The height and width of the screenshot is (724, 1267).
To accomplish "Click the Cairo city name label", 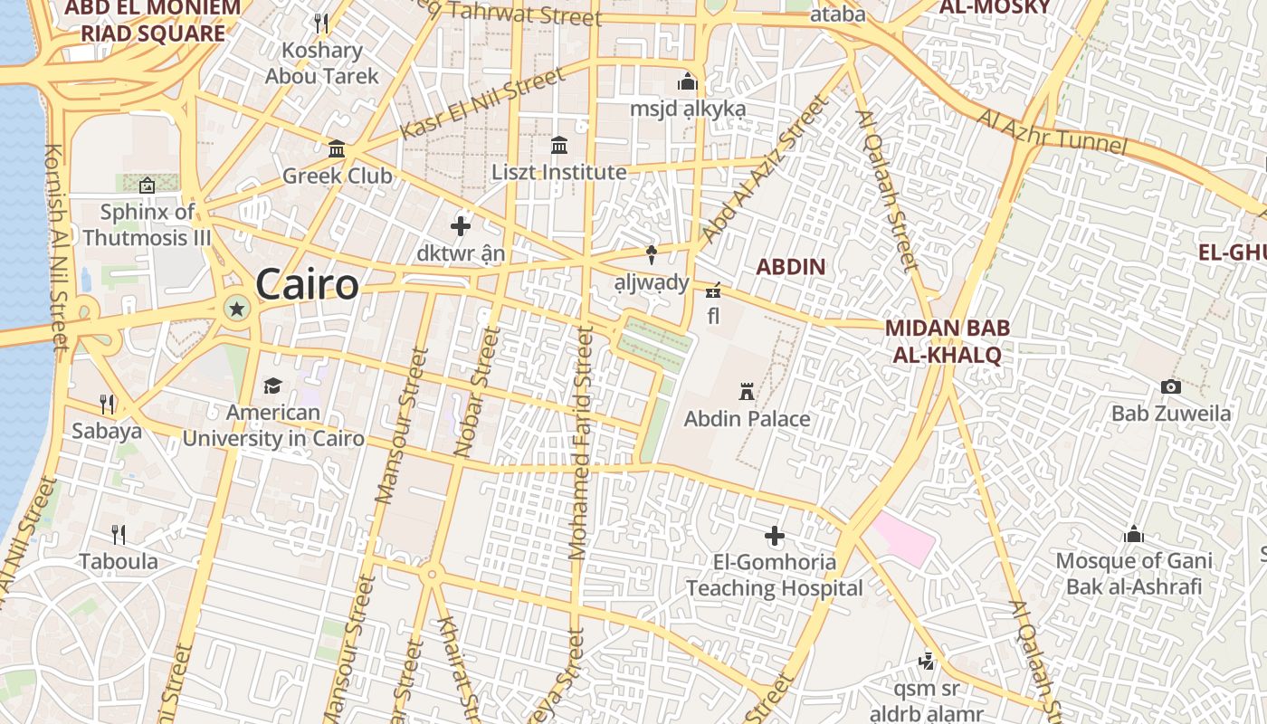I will tap(307, 285).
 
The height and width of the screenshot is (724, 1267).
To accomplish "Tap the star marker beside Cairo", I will tap(237, 310).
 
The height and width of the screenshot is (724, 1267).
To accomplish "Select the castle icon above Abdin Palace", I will tap(747, 392).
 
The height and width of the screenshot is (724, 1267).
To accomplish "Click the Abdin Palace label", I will tap(747, 419).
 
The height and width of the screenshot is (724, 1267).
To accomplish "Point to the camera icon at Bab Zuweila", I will tap(1171, 387).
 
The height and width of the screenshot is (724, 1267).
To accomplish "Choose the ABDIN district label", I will tap(790, 267).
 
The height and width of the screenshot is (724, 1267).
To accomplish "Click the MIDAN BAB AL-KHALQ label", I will tap(947, 341).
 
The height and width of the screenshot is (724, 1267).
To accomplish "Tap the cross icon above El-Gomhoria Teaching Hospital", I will tap(775, 536).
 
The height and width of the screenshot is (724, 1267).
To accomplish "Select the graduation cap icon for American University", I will tap(272, 386).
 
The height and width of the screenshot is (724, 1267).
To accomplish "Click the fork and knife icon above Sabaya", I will tap(107, 404).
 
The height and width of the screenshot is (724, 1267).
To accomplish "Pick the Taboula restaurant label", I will tap(119, 561).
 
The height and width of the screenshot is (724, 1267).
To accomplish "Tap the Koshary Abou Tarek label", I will tap(321, 63).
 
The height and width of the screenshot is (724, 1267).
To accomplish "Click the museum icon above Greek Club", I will tap(337, 148).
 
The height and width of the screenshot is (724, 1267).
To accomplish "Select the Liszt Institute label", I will tap(558, 172).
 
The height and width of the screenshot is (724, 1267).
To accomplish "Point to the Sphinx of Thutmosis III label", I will tap(147, 224).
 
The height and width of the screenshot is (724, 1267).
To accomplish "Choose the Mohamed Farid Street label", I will tap(580, 443).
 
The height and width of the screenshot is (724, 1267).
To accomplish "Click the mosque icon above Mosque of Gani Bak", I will tap(1133, 534).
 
